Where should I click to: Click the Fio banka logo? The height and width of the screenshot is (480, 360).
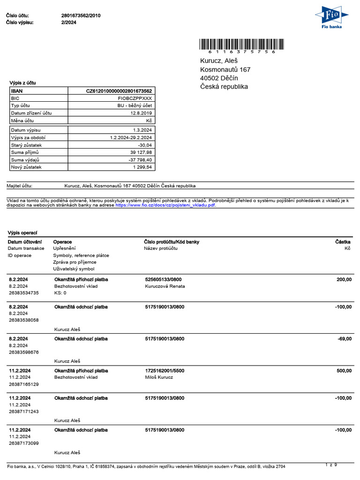pyautogui.click(x=332, y=17)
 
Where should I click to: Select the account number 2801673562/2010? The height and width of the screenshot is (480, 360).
pyautogui.click(x=81, y=15)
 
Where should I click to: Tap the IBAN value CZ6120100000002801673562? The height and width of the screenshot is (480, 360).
pyautogui.click(x=119, y=91)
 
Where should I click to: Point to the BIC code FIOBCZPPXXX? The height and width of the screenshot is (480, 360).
pyautogui.click(x=136, y=98)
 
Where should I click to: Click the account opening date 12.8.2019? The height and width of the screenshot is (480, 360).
pyautogui.click(x=141, y=113)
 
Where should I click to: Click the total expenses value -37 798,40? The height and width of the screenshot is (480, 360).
pyautogui.click(x=140, y=160)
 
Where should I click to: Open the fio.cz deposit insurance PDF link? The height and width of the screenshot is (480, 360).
pyautogui.click(x=165, y=205)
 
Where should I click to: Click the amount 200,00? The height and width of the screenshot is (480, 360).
pyautogui.click(x=344, y=279)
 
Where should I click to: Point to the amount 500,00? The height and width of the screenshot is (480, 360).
pyautogui.click(x=344, y=370)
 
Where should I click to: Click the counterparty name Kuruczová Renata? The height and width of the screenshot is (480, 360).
pyautogui.click(x=165, y=286)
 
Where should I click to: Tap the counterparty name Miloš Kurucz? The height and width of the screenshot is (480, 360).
pyautogui.click(x=159, y=377)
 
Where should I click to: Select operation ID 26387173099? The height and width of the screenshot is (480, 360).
pyautogui.click(x=23, y=443)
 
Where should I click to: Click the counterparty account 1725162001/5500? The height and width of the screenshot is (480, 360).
pyautogui.click(x=165, y=370)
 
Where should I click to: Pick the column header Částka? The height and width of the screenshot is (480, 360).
pyautogui.click(x=343, y=242)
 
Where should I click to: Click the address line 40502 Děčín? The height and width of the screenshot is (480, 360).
pyautogui.click(x=219, y=78)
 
